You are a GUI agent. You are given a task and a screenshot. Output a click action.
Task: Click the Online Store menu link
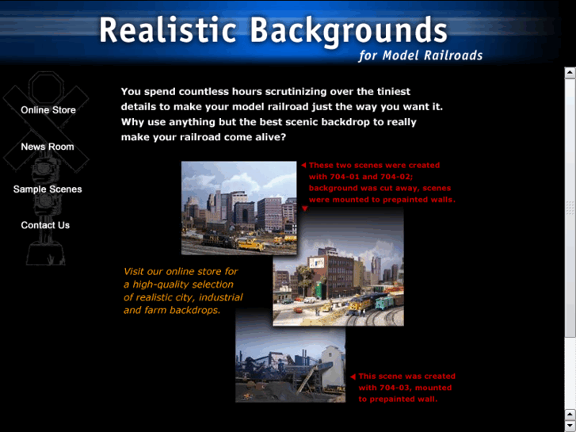tap(48, 110)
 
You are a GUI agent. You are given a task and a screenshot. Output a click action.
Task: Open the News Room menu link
tap(48, 147)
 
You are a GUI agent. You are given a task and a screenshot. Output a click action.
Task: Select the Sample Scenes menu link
tap(48, 189)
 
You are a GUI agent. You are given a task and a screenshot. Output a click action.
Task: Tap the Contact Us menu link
tap(45, 225)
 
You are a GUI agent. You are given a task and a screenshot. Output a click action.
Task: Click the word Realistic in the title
tap(168, 31)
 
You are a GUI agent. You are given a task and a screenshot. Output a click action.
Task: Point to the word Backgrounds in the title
tap(349, 31)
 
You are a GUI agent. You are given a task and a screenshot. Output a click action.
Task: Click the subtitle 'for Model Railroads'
tap(420, 55)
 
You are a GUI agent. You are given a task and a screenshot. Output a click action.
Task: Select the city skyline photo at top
tap(238, 198)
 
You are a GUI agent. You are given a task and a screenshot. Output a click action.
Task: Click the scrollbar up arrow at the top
tap(570, 73)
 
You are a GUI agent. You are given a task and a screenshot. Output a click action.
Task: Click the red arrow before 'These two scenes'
tap(303, 166)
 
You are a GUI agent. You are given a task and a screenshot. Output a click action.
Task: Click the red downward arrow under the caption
tap(304, 209)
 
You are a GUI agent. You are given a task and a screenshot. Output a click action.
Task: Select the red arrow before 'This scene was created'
tap(353, 377)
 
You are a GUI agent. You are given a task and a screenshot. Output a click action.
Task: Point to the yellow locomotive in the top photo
tap(251, 246)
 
